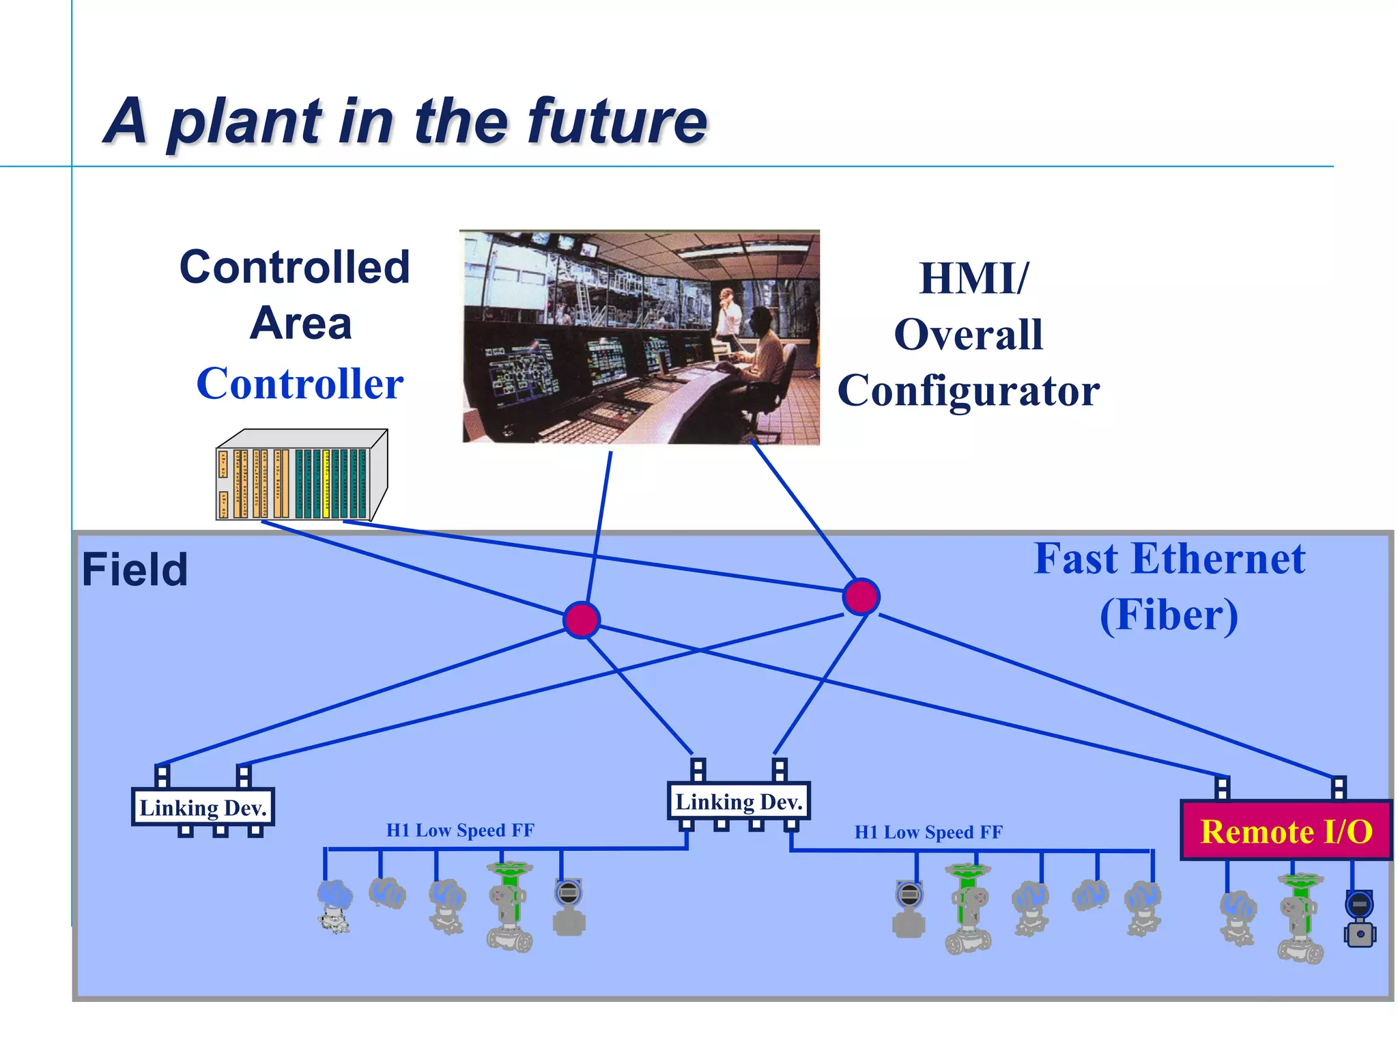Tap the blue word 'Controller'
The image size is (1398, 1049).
point(300,384)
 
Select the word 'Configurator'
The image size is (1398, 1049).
point(968,391)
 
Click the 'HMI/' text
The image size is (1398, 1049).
point(973,279)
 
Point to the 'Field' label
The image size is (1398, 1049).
point(134,570)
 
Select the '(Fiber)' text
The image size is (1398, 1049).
point(1169,615)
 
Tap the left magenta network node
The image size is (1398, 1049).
point(582,620)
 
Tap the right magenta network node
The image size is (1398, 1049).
point(861,597)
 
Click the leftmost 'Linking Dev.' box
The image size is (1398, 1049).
point(203,808)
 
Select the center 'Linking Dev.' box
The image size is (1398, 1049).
point(739,802)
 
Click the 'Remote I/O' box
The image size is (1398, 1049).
point(1285,831)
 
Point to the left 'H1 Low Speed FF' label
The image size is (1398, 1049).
point(460,830)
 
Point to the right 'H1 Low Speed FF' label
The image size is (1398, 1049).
point(928,833)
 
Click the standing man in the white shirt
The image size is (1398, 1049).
point(728,314)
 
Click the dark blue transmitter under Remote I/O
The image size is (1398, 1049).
point(1359,919)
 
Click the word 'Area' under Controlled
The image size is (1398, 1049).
point(301,323)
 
